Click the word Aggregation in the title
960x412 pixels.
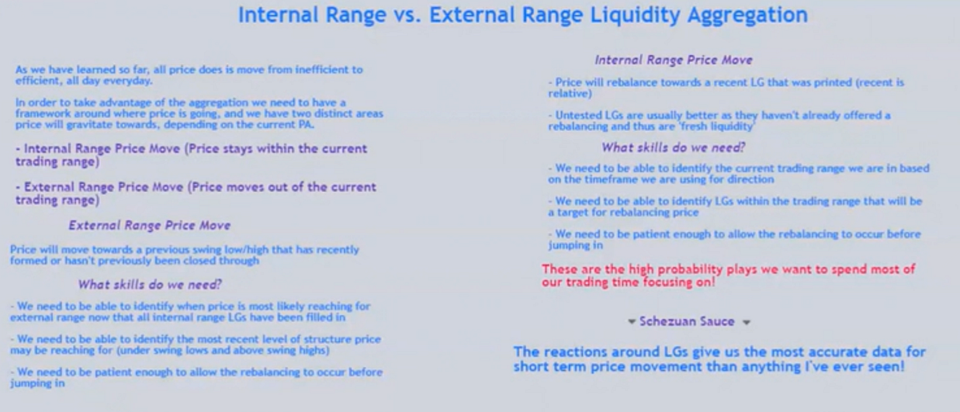[x=734, y=15]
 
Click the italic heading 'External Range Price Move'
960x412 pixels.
[x=149, y=225]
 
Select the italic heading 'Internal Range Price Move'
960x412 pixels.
[x=673, y=59]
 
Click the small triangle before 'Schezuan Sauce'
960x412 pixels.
[x=631, y=322]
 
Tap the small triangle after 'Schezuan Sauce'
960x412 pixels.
[x=746, y=322]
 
